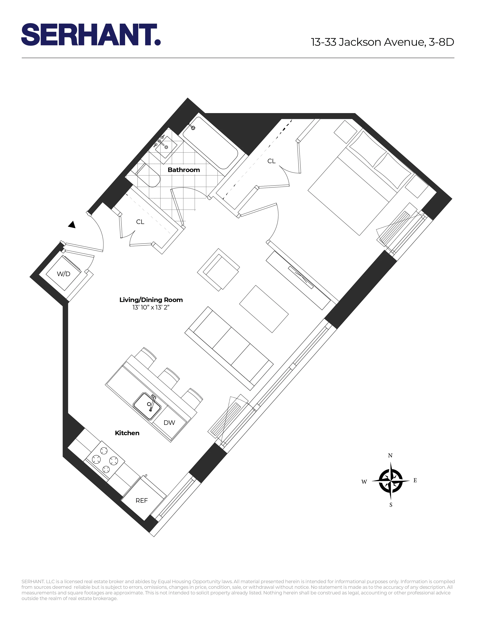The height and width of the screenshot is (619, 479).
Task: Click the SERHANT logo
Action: (x=91, y=35)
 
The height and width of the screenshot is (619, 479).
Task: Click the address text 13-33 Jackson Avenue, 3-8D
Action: (x=382, y=42)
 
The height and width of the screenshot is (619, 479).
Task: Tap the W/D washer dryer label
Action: (x=63, y=274)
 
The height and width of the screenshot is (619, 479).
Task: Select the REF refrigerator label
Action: (x=142, y=500)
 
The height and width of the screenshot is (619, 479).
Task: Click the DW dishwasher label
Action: (x=169, y=423)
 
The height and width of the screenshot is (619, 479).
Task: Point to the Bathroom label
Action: (x=184, y=170)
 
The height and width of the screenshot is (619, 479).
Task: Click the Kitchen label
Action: (x=127, y=433)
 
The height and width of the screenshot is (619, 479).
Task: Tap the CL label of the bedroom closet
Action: (x=271, y=161)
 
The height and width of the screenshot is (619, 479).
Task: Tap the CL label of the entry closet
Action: (x=140, y=222)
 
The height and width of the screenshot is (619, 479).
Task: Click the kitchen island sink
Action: (x=147, y=406)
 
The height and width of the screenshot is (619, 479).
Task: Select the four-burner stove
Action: (x=105, y=460)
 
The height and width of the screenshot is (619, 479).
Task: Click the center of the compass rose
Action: (x=391, y=481)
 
